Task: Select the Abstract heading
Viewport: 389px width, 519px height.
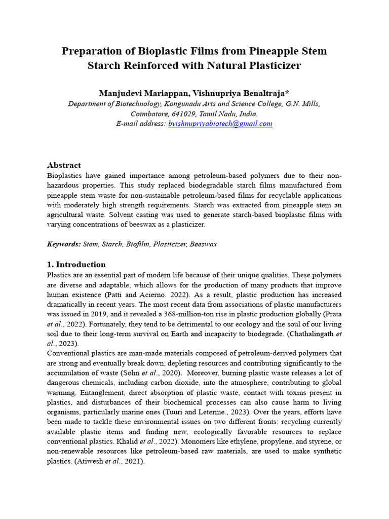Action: point(64,165)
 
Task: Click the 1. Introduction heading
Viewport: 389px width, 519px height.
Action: point(76,264)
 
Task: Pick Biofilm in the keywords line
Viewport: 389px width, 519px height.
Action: point(138,244)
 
